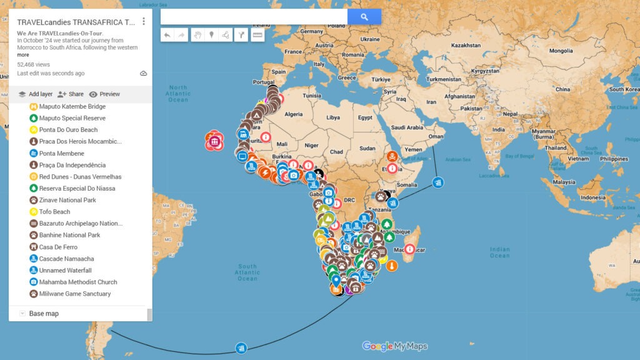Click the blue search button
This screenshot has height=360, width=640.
pos(364,17)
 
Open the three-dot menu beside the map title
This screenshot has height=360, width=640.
pos(144,21)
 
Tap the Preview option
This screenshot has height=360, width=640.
pos(104,94)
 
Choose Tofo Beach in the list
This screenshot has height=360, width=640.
pos(54,212)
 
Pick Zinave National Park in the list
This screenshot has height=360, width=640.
pos(67,200)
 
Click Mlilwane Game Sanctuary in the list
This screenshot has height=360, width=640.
pos(74,294)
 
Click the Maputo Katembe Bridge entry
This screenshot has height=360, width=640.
pos(72,106)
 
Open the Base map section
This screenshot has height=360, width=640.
pos(44,313)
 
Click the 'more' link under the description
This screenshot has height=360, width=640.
pos(23,55)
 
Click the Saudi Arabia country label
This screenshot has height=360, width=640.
pos(406,127)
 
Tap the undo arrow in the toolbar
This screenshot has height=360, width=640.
pos(167,35)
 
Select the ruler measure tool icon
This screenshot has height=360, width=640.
pos(257,35)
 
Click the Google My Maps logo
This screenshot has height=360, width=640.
pos(395,346)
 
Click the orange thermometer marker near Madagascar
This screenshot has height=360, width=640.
pos(392,266)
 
